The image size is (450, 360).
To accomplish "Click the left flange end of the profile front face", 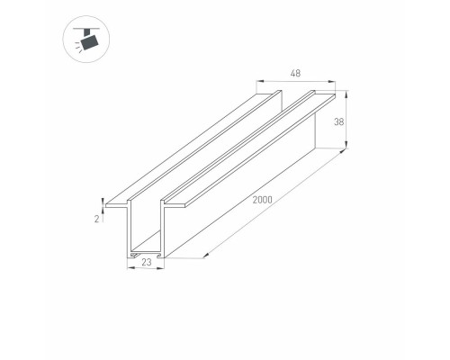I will [106, 206].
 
